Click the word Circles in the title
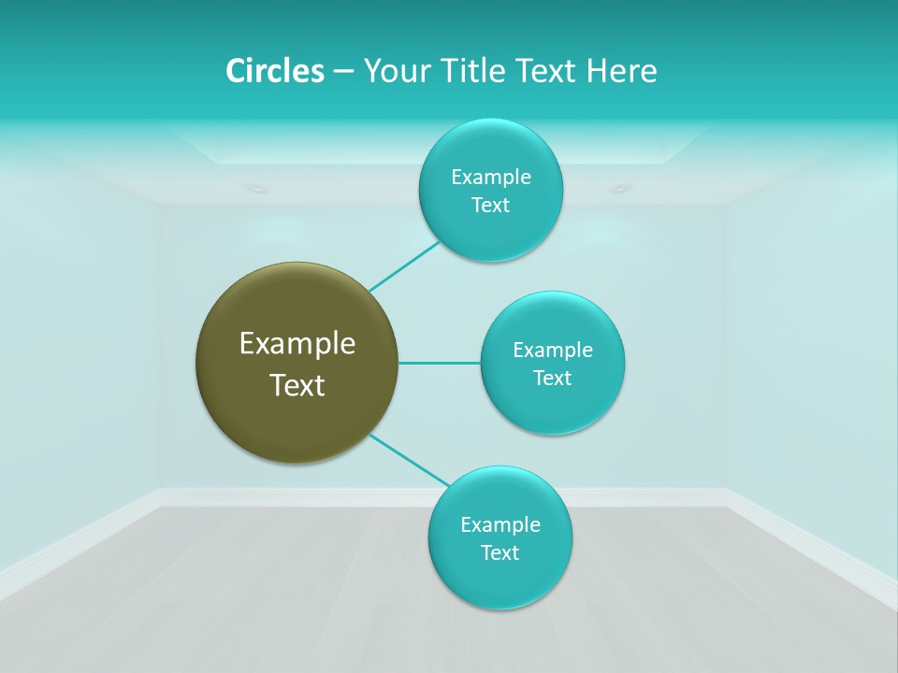(275, 71)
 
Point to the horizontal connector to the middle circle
(439, 363)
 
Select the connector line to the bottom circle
(409, 460)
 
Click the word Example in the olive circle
(297, 344)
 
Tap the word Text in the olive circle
(297, 385)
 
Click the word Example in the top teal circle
(490, 177)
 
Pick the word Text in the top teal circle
(490, 205)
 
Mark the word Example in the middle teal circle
(552, 350)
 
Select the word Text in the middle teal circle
(552, 378)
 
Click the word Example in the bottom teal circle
(500, 524)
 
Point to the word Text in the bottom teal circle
(500, 552)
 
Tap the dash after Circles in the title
(342, 72)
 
